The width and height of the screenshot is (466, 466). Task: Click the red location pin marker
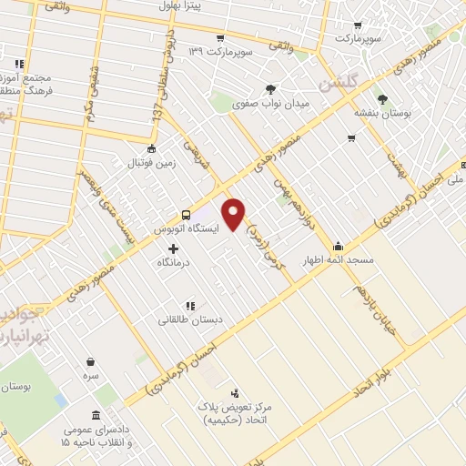pos(234,212)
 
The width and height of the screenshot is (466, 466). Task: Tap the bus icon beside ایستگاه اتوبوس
pos(187,215)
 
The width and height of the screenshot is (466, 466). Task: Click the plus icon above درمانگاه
pos(174,248)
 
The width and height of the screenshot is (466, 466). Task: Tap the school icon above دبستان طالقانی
pos(189,307)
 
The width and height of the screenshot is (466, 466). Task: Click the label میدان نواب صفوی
pos(273,105)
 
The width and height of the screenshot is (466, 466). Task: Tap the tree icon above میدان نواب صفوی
pos(270,89)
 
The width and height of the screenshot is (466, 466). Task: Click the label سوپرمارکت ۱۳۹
pos(219,51)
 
